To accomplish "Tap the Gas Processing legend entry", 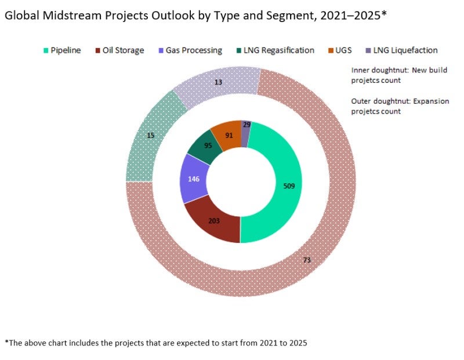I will [188, 50].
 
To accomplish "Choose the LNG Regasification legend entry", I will [273, 50].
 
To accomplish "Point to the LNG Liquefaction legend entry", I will [400, 50].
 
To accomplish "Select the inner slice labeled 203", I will [215, 220].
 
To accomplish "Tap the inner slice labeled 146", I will [194, 179].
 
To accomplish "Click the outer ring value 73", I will [307, 260].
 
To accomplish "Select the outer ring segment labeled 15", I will [150, 136].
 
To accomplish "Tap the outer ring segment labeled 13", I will [219, 82].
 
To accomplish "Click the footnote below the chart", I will [155, 343].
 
